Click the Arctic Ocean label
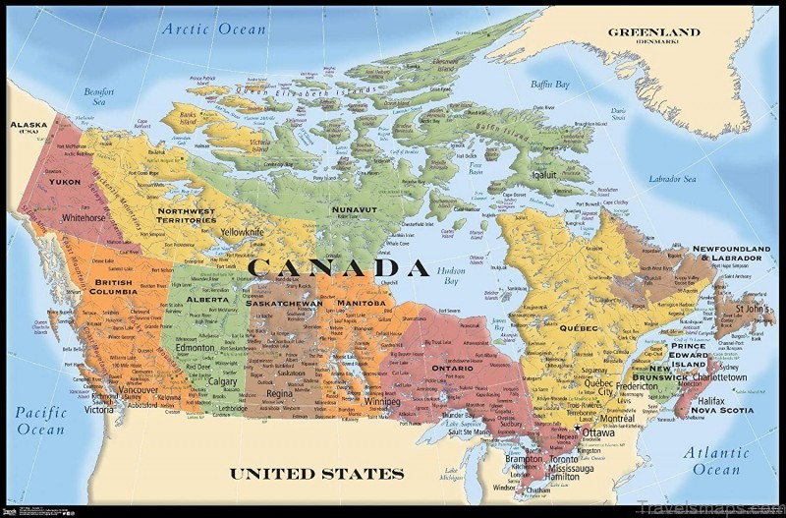click(x=214, y=29)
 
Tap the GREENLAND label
click(x=653, y=32)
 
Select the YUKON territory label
click(x=64, y=182)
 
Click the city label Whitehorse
click(x=84, y=218)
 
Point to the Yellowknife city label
click(x=242, y=232)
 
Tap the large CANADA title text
click(x=338, y=267)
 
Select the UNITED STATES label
click(x=316, y=473)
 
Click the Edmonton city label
click(x=196, y=348)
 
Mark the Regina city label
click(x=279, y=393)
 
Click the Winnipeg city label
click(x=381, y=401)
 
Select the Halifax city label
click(x=710, y=400)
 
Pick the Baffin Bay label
click(x=549, y=85)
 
